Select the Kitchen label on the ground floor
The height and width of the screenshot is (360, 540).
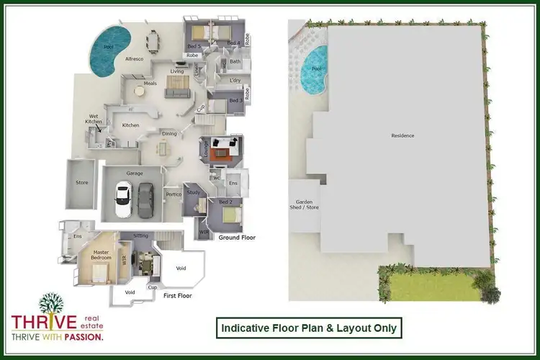coord(130,125)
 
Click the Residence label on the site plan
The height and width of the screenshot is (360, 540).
coord(402,135)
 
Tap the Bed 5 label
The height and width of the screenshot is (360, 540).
coord(192,45)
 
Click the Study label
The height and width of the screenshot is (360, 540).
coord(192,192)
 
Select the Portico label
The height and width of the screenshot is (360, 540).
coord(173,194)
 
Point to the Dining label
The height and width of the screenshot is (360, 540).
coord(169,134)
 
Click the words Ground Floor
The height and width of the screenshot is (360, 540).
coord(238,237)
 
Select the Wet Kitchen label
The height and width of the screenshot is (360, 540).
coord(93,119)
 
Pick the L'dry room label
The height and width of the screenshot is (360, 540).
coord(234,80)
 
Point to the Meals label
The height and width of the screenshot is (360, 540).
coord(150,83)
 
